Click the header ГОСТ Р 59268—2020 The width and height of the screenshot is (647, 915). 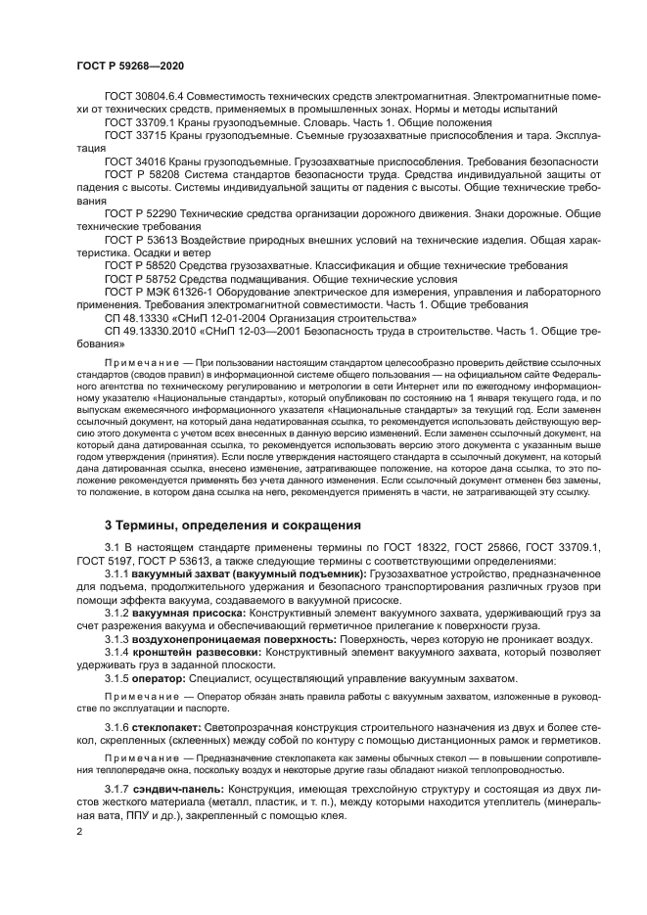point(130,65)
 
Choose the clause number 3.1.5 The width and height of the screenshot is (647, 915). point(116,678)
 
